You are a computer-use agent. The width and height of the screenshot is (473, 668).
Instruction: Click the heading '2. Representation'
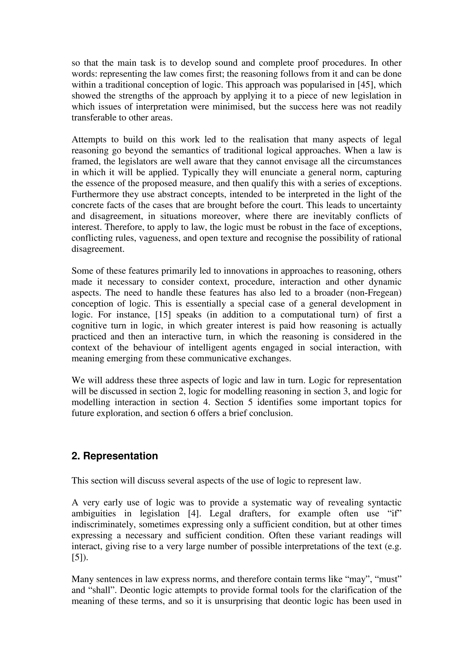coord(115,456)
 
